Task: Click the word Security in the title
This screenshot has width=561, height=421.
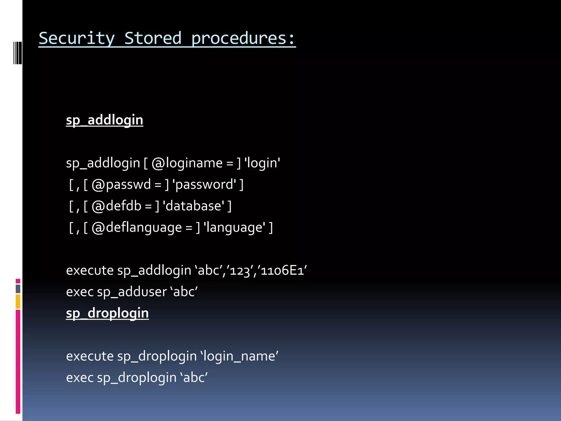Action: tap(77, 38)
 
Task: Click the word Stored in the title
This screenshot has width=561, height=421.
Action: tap(153, 38)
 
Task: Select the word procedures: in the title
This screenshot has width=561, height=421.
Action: tap(243, 38)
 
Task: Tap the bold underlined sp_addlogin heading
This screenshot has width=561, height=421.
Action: tap(105, 120)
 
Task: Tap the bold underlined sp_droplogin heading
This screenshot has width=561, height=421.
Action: tap(107, 313)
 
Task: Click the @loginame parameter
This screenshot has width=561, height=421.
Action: tap(187, 163)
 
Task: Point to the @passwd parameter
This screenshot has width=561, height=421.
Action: tap(121, 184)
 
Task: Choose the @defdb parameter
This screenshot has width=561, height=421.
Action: tap(116, 206)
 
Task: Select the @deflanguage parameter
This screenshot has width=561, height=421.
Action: tap(137, 227)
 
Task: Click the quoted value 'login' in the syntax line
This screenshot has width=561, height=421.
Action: tap(262, 163)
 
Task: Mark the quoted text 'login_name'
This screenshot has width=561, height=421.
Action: tap(239, 356)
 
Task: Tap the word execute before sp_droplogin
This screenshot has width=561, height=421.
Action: tap(90, 356)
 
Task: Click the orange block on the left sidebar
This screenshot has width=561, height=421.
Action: tap(18, 301)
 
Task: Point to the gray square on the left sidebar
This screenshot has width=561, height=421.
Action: tap(18, 289)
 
